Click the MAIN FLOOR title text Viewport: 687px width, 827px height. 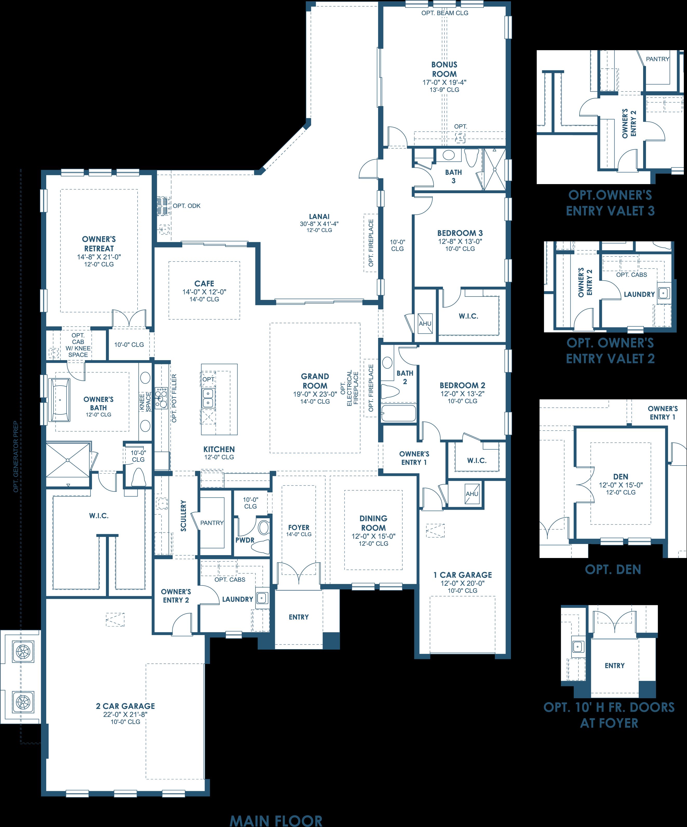click(x=276, y=819)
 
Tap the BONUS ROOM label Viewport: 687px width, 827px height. click(x=444, y=69)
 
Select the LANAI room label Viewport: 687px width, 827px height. click(x=319, y=216)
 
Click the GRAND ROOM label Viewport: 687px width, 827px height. click(x=315, y=381)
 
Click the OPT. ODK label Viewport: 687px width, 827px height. click(x=187, y=206)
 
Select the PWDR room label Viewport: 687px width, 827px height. click(x=245, y=540)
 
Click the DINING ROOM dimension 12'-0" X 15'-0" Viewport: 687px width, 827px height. click(x=373, y=536)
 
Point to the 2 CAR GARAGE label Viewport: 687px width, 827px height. click(x=125, y=706)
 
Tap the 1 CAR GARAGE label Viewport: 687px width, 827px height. click(x=463, y=575)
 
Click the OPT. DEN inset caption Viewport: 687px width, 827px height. click(x=613, y=569)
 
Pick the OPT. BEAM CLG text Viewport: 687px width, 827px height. click(x=445, y=13)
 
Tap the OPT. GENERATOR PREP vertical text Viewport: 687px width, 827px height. click(x=16, y=456)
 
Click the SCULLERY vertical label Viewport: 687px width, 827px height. click(x=184, y=516)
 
